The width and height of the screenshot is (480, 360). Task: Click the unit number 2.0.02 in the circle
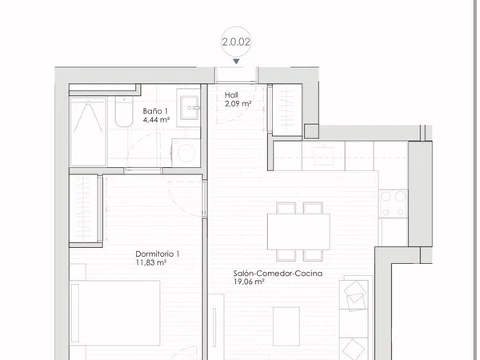pyautogui.click(x=236, y=42)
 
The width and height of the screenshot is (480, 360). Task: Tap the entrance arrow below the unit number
pyautogui.click(x=236, y=62)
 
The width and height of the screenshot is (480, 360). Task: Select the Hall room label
pyautogui.click(x=231, y=95)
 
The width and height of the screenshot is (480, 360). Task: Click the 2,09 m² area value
pyautogui.click(x=238, y=104)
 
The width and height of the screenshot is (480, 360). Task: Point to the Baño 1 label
pyautogui.click(x=155, y=111)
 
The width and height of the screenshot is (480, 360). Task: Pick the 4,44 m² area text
pyautogui.click(x=157, y=120)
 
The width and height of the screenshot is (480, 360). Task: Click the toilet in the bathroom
pyautogui.click(x=124, y=112)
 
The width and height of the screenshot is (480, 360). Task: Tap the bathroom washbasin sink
pyautogui.click(x=190, y=107)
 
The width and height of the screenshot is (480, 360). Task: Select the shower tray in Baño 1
pyautogui.click(x=88, y=132)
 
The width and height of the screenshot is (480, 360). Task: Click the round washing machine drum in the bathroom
pyautogui.click(x=186, y=153)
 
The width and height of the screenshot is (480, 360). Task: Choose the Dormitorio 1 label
pyautogui.click(x=158, y=254)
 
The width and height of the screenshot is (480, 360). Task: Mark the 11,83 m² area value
pyautogui.click(x=151, y=262)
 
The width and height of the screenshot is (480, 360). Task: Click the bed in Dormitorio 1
pyautogui.click(x=115, y=313)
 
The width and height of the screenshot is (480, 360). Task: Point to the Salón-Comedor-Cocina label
pyautogui.click(x=278, y=273)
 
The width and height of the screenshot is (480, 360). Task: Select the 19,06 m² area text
pyautogui.click(x=249, y=282)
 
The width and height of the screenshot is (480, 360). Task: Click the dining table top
pyautogui.click(x=298, y=231)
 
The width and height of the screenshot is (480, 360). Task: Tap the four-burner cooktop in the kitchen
pyautogui.click(x=393, y=203)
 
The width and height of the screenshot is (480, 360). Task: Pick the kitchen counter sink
pyautogui.click(x=323, y=156)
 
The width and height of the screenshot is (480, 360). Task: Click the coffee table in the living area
pyautogui.click(x=286, y=326)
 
